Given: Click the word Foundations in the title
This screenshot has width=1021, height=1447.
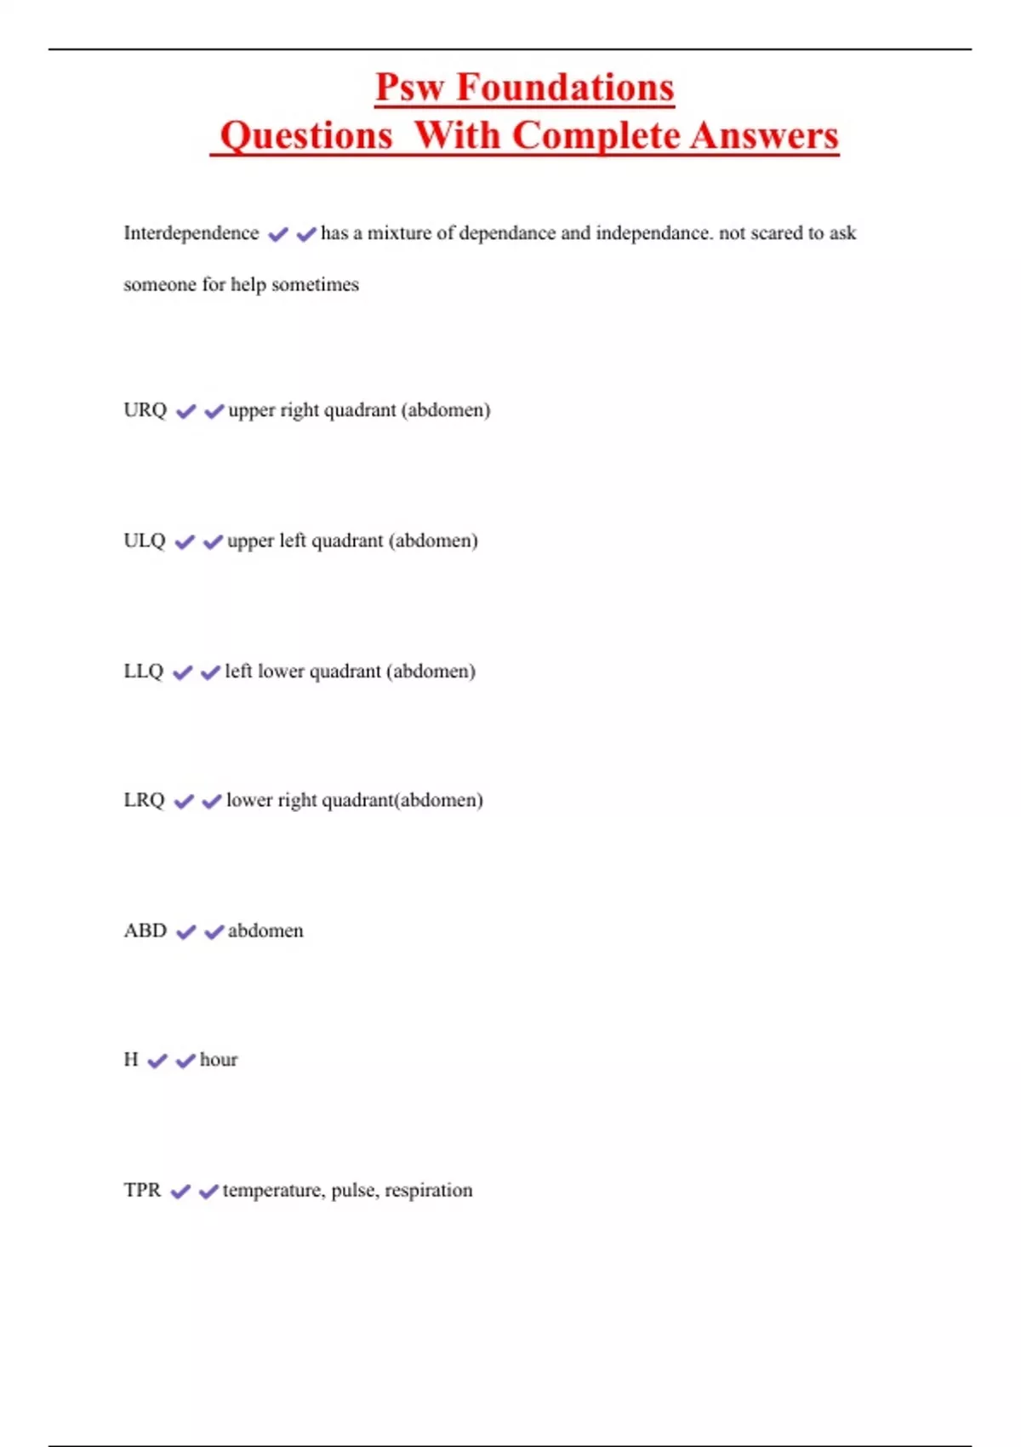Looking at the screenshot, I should point(565,88).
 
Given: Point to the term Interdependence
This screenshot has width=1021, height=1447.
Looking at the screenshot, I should point(191,233).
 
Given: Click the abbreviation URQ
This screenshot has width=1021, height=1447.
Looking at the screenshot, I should point(145,410).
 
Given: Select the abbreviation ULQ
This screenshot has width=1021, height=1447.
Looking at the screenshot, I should point(144,540).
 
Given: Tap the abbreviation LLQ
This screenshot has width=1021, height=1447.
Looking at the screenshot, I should point(143,671).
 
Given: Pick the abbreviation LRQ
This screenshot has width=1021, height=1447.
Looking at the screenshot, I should point(144,800).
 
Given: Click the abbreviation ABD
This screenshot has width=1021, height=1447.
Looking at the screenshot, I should point(145,930).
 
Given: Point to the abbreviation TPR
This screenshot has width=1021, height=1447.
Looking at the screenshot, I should point(141,1190).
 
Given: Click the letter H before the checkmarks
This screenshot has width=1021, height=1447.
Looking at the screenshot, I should point(130,1060).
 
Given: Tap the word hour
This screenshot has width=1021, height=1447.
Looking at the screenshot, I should point(219,1060).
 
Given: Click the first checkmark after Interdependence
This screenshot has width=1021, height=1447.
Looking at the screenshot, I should point(277,234).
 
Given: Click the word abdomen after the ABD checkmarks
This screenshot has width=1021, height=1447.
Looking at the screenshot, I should point(265,930).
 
